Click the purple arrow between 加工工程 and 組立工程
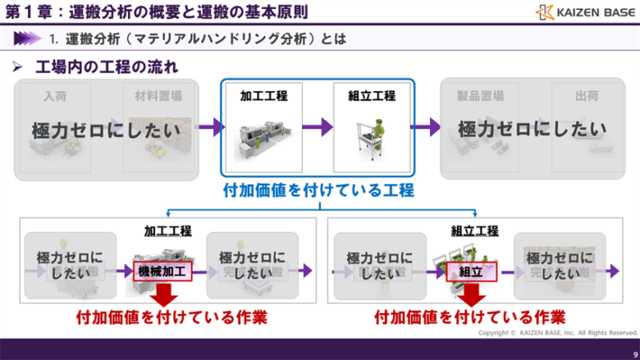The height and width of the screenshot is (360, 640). tap(318, 127)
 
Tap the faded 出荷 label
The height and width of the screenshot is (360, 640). tap(587, 96)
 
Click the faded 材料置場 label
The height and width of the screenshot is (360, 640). tap(158, 96)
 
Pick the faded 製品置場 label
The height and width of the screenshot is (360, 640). tap(480, 96)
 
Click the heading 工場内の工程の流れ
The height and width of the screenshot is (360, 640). tap(107, 66)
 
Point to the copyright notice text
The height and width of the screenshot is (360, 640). tap(558, 332)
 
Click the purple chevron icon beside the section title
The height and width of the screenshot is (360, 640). tap(27, 38)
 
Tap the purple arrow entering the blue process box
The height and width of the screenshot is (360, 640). tap(211, 127)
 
